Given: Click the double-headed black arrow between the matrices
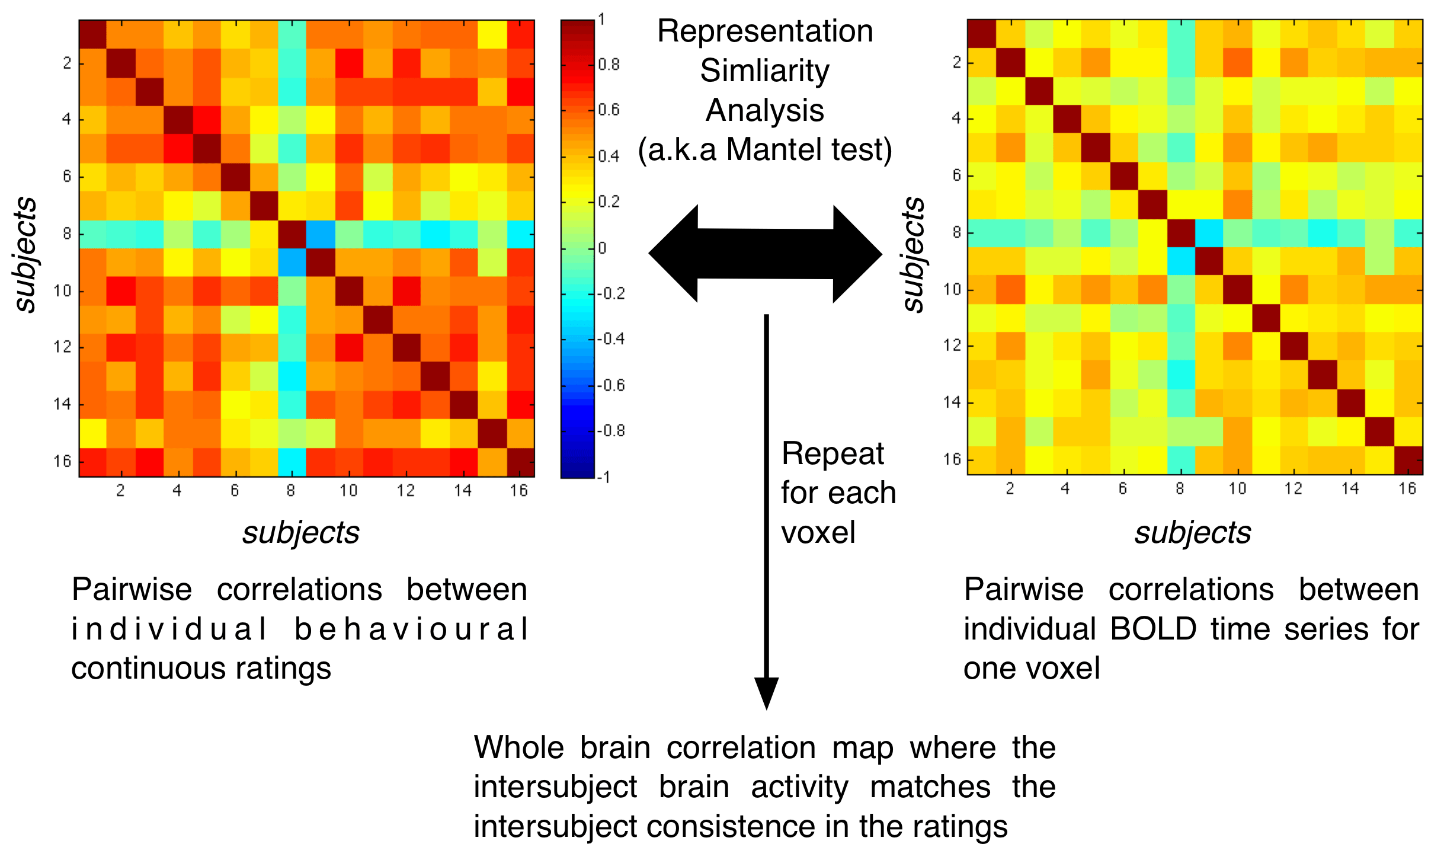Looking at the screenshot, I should (x=765, y=254).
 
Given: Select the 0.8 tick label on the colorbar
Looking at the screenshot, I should (x=609, y=64).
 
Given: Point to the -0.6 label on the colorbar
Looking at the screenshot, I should (x=610, y=385).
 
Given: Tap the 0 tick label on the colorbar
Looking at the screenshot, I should (x=602, y=248).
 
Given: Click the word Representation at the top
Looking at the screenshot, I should (x=765, y=31).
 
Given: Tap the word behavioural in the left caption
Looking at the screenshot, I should (x=411, y=629).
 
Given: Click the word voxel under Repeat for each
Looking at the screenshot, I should (x=818, y=532).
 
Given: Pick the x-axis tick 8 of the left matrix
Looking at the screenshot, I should (x=290, y=490).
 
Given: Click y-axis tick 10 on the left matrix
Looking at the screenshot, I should (x=62, y=290).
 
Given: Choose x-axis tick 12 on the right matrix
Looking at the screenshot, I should (x=1293, y=488).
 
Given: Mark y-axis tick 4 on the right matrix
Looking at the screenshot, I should (x=956, y=118).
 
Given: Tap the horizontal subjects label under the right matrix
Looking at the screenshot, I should (x=1192, y=532).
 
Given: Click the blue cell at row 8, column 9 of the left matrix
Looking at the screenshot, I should (x=321, y=234).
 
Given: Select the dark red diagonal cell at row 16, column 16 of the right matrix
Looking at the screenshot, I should (x=1408, y=461).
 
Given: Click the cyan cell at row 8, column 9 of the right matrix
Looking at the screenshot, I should (x=1209, y=233).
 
